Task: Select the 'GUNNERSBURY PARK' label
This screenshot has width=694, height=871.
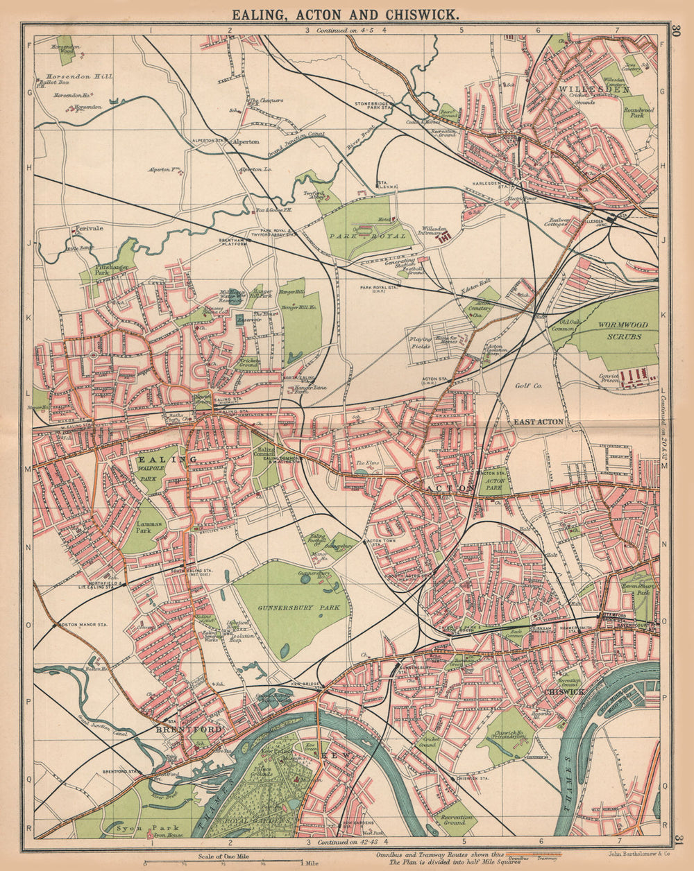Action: (x=282, y=607)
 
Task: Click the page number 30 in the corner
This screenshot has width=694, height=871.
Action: (x=677, y=31)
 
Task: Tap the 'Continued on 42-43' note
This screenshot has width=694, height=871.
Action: (x=347, y=843)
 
